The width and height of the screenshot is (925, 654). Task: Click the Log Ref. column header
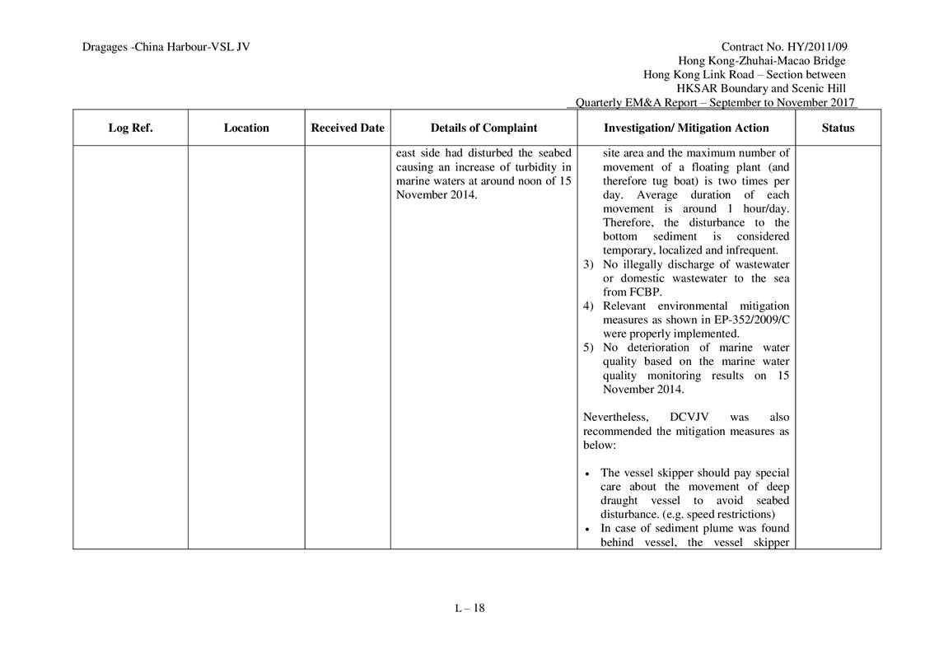130,128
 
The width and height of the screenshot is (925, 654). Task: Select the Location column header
246,128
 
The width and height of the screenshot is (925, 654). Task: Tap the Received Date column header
348,128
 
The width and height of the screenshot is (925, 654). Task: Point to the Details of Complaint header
484,128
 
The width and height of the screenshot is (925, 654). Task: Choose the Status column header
838,128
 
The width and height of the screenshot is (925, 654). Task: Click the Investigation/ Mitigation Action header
686,128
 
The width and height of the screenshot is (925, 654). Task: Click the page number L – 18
470,609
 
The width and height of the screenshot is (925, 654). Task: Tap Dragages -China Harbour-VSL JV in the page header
166,47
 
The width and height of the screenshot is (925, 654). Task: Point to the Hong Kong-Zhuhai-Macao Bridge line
761,61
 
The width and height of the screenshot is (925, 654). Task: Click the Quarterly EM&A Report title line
715,103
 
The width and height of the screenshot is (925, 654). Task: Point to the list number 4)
588,306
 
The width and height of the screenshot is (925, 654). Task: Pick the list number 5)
588,348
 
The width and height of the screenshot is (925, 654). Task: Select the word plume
696,529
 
